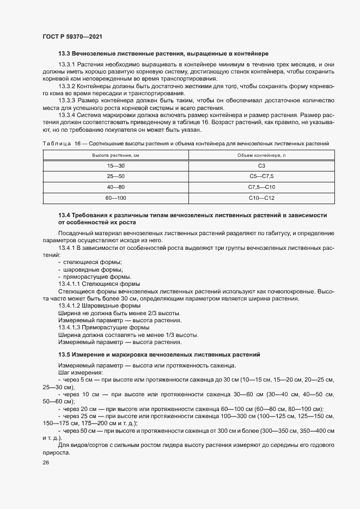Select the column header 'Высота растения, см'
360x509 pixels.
tap(115, 155)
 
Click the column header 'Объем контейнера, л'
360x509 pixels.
tap(261, 155)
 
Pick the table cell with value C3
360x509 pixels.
tap(261, 165)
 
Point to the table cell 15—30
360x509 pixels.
tap(115, 165)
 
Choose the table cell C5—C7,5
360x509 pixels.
tap(261, 176)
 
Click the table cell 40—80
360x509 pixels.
tap(115, 187)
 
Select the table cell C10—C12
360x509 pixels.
tap(261, 198)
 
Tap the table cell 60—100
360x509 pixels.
tap(115, 198)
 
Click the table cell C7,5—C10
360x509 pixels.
tap(261, 187)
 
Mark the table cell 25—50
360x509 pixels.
tap(115, 176)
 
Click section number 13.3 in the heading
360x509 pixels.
tap(64, 54)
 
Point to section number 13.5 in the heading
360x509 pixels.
tap(64, 354)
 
